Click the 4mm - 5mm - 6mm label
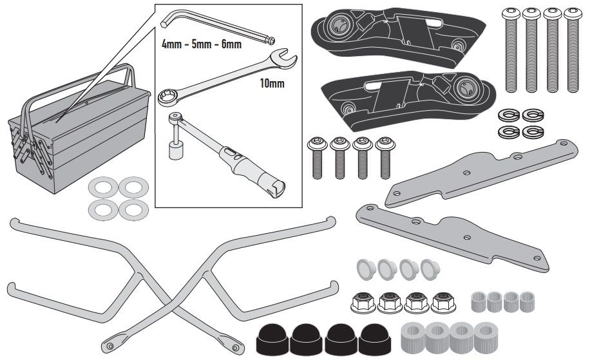[x=202, y=44]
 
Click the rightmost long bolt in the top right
[x=571, y=48]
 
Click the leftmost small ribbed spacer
[x=481, y=300]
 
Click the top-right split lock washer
[x=532, y=115]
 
